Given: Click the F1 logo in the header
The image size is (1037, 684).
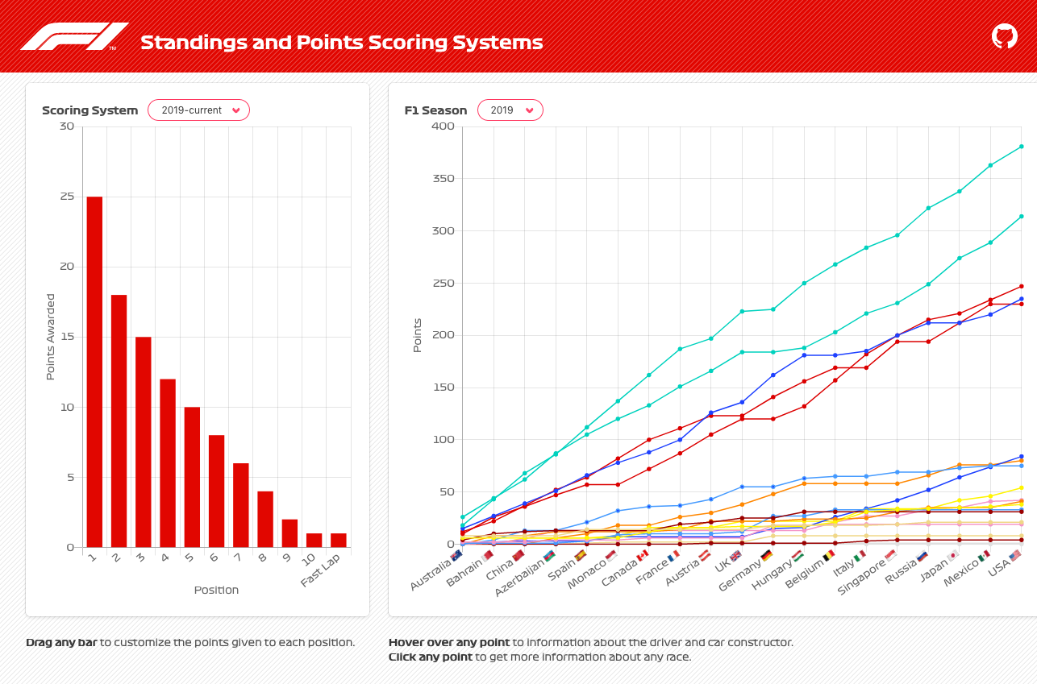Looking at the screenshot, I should (73, 36).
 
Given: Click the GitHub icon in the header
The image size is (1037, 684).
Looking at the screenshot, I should (1004, 36).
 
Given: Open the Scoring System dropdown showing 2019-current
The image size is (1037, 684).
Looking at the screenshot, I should (198, 110).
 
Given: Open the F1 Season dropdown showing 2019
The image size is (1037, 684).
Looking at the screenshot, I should (510, 110).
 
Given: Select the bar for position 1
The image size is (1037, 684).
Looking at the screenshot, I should (94, 371).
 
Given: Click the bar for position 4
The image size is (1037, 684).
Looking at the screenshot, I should (168, 462).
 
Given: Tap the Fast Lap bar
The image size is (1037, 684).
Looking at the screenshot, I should (339, 540).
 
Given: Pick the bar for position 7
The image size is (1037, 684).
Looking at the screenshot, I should (241, 505).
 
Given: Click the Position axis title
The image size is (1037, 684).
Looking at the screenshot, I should (216, 590).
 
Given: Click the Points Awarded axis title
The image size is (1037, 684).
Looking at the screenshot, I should (50, 337).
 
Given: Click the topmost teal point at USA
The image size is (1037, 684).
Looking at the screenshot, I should (1021, 147).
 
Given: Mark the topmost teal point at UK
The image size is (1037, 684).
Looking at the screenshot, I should (742, 312).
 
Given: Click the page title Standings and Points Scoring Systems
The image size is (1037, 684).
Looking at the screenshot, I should (341, 43).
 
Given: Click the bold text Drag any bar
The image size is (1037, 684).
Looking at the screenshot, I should (61, 643).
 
